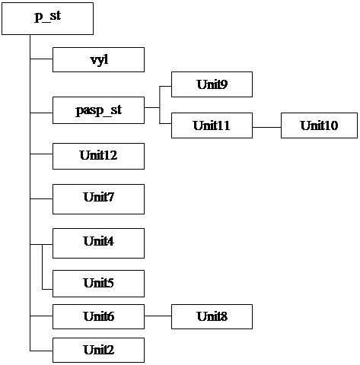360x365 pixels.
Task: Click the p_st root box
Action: click(x=47, y=18)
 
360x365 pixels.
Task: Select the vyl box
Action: click(x=98, y=59)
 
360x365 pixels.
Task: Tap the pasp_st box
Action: click(x=98, y=110)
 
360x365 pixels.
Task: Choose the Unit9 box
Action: click(x=212, y=84)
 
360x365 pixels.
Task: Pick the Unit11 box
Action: click(x=212, y=125)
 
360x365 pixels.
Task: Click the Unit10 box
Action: click(x=319, y=125)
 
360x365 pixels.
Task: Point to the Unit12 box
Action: click(x=98, y=156)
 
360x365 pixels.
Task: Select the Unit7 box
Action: click(x=98, y=199)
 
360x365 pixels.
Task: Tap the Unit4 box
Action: click(x=98, y=243)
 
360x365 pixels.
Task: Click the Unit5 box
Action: click(x=98, y=284)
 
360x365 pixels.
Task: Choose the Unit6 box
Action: click(x=98, y=316)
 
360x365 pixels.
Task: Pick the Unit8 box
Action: click(x=212, y=316)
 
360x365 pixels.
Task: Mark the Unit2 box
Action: click(x=98, y=350)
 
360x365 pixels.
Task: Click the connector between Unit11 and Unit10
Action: click(x=266, y=127)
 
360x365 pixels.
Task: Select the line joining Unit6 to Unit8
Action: click(x=158, y=316)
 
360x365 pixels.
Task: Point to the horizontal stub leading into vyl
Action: click(x=41, y=59)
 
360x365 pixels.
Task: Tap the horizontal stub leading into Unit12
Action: click(x=41, y=154)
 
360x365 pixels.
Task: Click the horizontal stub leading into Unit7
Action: click(x=41, y=199)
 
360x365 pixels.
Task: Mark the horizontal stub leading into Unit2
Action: click(x=41, y=351)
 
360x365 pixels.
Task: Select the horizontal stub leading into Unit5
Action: click(x=47, y=289)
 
